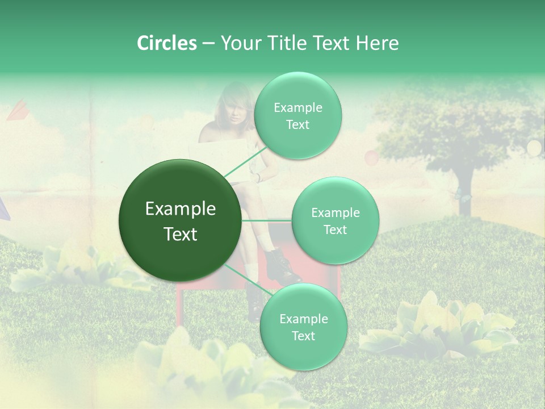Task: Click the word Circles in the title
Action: (166, 43)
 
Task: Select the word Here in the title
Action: (378, 43)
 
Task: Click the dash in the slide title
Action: (208, 44)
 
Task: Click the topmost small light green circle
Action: (297, 115)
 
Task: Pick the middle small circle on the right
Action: (335, 220)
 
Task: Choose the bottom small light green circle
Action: (303, 327)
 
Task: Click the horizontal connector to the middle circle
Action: (267, 220)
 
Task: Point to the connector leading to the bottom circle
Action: (246, 281)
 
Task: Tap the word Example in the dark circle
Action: (181, 209)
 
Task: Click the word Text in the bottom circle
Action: (303, 336)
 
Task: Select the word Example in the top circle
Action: (297, 107)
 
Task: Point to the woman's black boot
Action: (282, 264)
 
